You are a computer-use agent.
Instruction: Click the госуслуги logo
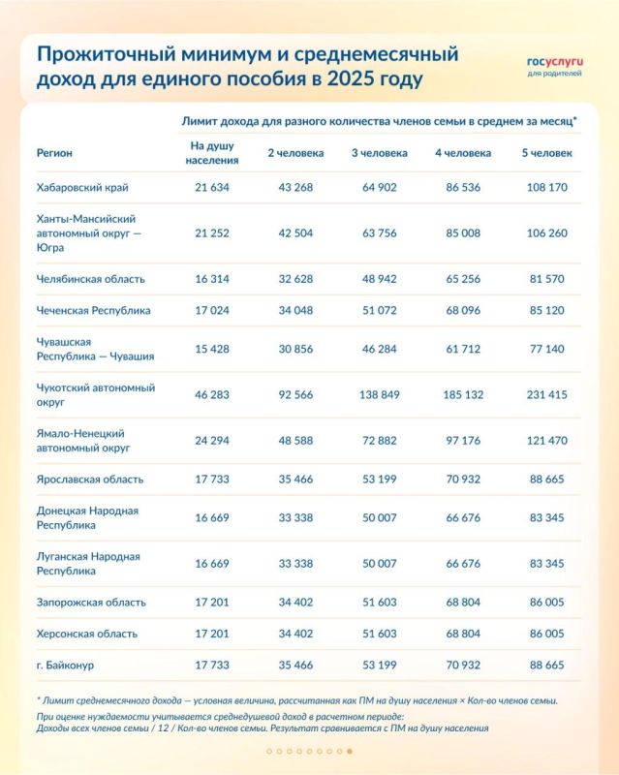pos(555,64)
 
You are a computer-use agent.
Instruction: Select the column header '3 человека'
pos(379,153)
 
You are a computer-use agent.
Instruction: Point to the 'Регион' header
pos(54,153)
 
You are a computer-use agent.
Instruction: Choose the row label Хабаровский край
pos(82,187)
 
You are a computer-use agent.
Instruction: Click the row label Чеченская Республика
pos(93,312)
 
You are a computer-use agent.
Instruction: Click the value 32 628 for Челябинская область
pos(291,279)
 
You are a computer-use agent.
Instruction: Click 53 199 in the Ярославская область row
pos(379,479)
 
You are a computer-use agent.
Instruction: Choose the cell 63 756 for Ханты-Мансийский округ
pos(379,232)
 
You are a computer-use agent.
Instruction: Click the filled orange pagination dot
pos(350,751)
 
